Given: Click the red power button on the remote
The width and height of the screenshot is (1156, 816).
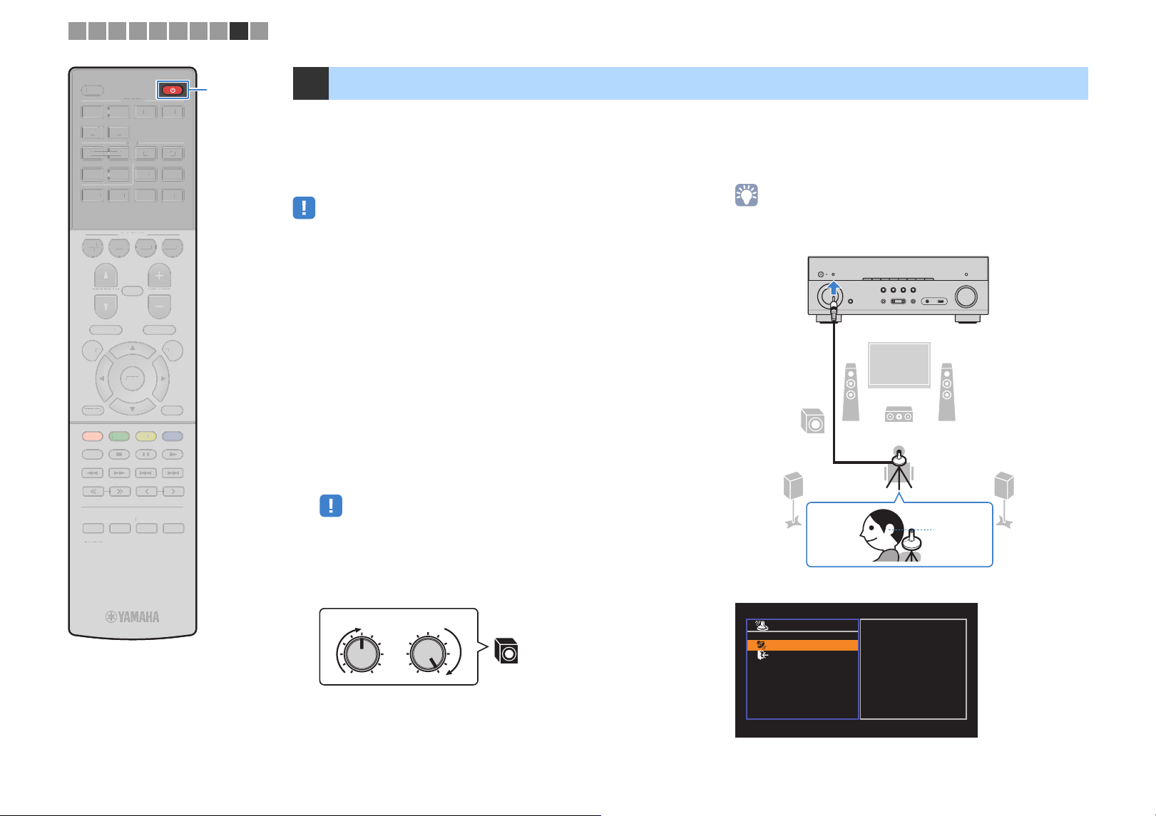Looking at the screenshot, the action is (x=173, y=91).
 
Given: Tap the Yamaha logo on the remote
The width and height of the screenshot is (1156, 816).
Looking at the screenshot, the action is (x=133, y=617).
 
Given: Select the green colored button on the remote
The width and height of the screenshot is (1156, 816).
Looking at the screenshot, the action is (x=119, y=436).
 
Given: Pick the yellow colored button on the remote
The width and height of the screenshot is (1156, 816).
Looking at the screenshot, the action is (x=146, y=436).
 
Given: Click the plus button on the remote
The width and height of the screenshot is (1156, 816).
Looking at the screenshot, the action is (x=159, y=276).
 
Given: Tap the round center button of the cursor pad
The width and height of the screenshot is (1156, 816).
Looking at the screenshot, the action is (x=132, y=378).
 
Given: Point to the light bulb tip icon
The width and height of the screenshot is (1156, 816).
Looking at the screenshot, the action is (x=746, y=195).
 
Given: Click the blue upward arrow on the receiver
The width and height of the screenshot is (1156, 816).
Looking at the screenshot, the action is (x=834, y=287).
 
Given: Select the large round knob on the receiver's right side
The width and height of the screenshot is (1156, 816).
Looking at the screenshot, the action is (x=966, y=296).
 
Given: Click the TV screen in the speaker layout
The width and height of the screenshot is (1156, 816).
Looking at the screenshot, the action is (x=899, y=365).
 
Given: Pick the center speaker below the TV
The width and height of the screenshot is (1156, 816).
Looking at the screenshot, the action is (x=899, y=414).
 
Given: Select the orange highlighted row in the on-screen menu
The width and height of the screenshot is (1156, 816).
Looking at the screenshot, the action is (x=802, y=645).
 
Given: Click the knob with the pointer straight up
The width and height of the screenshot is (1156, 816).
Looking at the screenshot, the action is (x=362, y=654).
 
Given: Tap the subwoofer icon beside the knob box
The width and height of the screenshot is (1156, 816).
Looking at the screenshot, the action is (x=506, y=651).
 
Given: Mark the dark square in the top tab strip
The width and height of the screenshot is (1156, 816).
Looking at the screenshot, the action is (x=239, y=31).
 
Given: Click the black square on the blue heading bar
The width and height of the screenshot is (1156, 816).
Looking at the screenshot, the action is (x=311, y=83).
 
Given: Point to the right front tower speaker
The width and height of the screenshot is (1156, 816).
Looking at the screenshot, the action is (x=946, y=392).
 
